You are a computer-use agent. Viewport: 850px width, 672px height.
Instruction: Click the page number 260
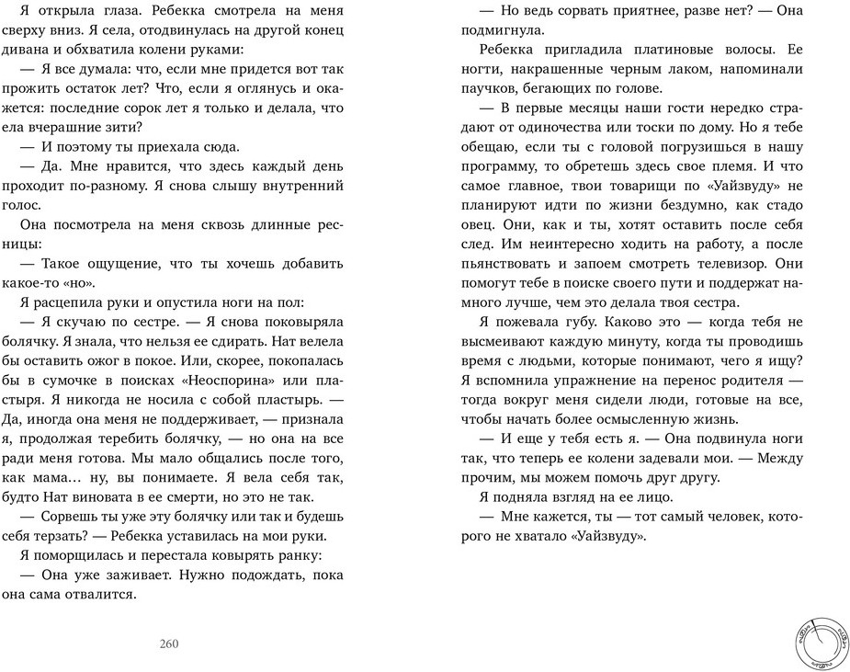[x=168, y=643]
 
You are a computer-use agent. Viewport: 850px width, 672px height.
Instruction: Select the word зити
[x=128, y=127]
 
